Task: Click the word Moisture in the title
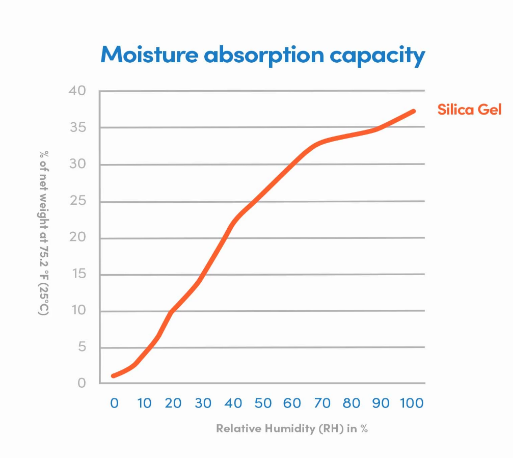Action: tap(148, 55)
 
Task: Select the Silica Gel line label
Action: tap(470, 110)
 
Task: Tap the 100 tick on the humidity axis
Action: tap(412, 403)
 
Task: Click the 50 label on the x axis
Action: tap(263, 403)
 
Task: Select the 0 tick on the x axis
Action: tap(114, 403)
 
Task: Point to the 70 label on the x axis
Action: tap(322, 403)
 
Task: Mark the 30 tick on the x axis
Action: tap(203, 403)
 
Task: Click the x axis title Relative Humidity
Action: tap(292, 428)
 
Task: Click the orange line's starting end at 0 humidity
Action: tap(113, 376)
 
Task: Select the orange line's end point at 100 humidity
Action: tap(413, 111)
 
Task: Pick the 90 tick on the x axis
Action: tap(381, 403)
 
